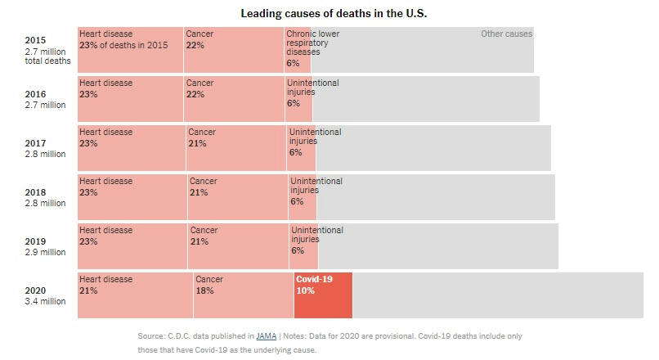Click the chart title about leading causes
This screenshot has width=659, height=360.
click(334, 14)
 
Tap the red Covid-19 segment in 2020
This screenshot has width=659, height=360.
click(323, 295)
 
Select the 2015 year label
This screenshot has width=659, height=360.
click(35, 40)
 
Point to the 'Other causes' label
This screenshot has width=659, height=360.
click(506, 34)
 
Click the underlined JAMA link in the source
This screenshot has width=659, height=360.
click(266, 336)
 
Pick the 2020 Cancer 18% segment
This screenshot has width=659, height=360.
click(244, 295)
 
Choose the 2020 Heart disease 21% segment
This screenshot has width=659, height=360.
click(135, 295)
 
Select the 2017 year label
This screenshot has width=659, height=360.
click(35, 143)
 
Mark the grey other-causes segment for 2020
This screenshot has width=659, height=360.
click(498, 295)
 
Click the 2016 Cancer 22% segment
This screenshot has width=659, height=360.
click(234, 99)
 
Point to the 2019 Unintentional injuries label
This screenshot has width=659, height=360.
click(316, 236)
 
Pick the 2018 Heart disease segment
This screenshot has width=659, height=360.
click(132, 197)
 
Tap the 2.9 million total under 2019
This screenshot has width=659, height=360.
click(45, 252)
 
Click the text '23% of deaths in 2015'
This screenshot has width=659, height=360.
click(123, 45)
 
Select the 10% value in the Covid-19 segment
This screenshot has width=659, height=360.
click(305, 290)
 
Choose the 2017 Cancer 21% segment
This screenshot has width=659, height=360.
click(236, 148)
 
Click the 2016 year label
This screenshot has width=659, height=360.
click(35, 94)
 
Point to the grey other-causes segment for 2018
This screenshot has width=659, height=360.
click(436, 197)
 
